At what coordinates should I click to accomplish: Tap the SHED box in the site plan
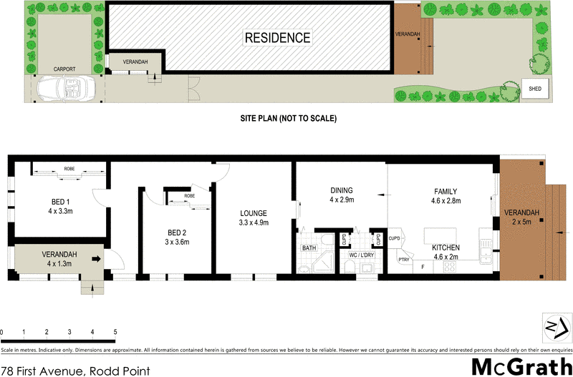(x=535, y=89)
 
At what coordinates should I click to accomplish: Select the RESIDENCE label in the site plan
(x=278, y=37)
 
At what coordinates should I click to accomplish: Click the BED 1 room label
(x=60, y=201)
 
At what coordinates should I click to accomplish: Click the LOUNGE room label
(x=254, y=213)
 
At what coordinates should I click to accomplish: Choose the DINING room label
(x=342, y=190)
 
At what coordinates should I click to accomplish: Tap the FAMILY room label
(x=445, y=191)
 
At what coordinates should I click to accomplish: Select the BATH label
(x=309, y=248)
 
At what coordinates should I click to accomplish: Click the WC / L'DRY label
(x=362, y=255)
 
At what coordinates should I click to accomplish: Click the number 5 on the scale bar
(x=115, y=333)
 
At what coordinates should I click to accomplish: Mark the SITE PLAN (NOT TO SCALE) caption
(x=288, y=118)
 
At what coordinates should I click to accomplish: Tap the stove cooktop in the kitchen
(x=451, y=267)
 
